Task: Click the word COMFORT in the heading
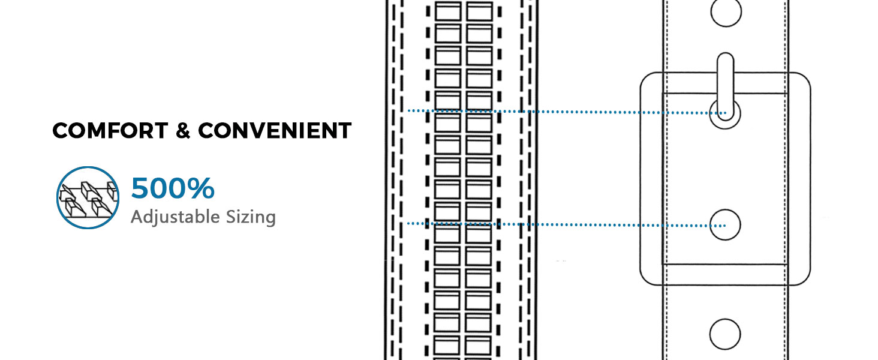(110, 131)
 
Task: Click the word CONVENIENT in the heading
(275, 131)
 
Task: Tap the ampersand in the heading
(183, 131)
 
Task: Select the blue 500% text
(173, 188)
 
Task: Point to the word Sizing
(251, 217)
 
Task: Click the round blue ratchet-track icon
(88, 197)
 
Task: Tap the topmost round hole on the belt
(726, 12)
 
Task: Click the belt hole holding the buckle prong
(725, 114)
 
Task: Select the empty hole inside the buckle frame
(725, 225)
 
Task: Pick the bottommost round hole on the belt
(725, 334)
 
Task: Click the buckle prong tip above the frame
(726, 53)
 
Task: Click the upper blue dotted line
(567, 112)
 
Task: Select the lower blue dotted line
(566, 225)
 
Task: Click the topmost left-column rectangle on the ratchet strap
(448, 11)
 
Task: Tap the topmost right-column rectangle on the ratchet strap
(479, 11)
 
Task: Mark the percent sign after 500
(201, 188)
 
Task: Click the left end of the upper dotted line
(409, 110)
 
